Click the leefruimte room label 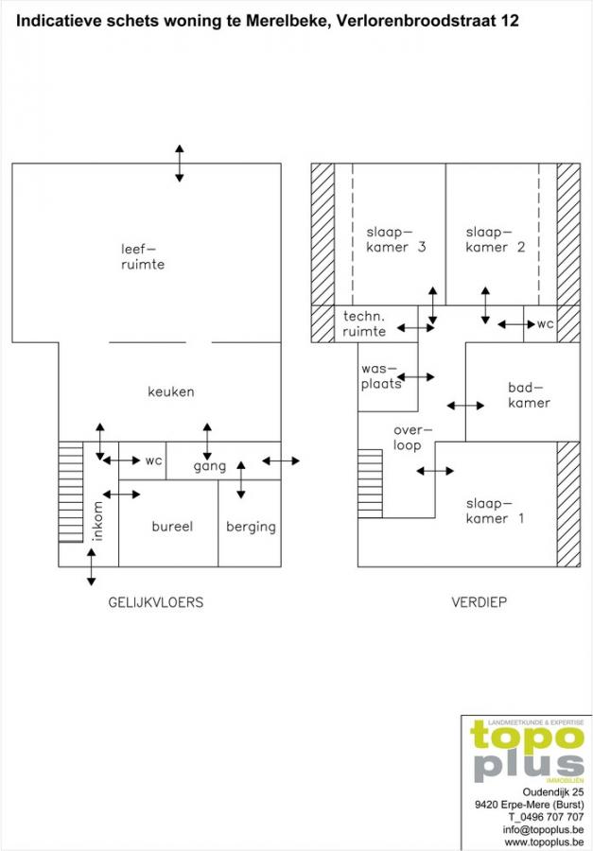142,256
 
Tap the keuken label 171,391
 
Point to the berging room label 251,527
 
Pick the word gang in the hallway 210,466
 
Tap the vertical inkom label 97,521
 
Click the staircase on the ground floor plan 71,492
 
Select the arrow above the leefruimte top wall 179,163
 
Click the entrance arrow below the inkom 91,567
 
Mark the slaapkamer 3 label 396,239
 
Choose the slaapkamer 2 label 496,239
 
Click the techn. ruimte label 364,323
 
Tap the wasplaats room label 382,376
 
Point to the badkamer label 529,395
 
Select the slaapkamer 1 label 496,511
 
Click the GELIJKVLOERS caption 156,602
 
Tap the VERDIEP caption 479,602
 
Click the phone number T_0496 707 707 547,817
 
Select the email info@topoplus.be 544,830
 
